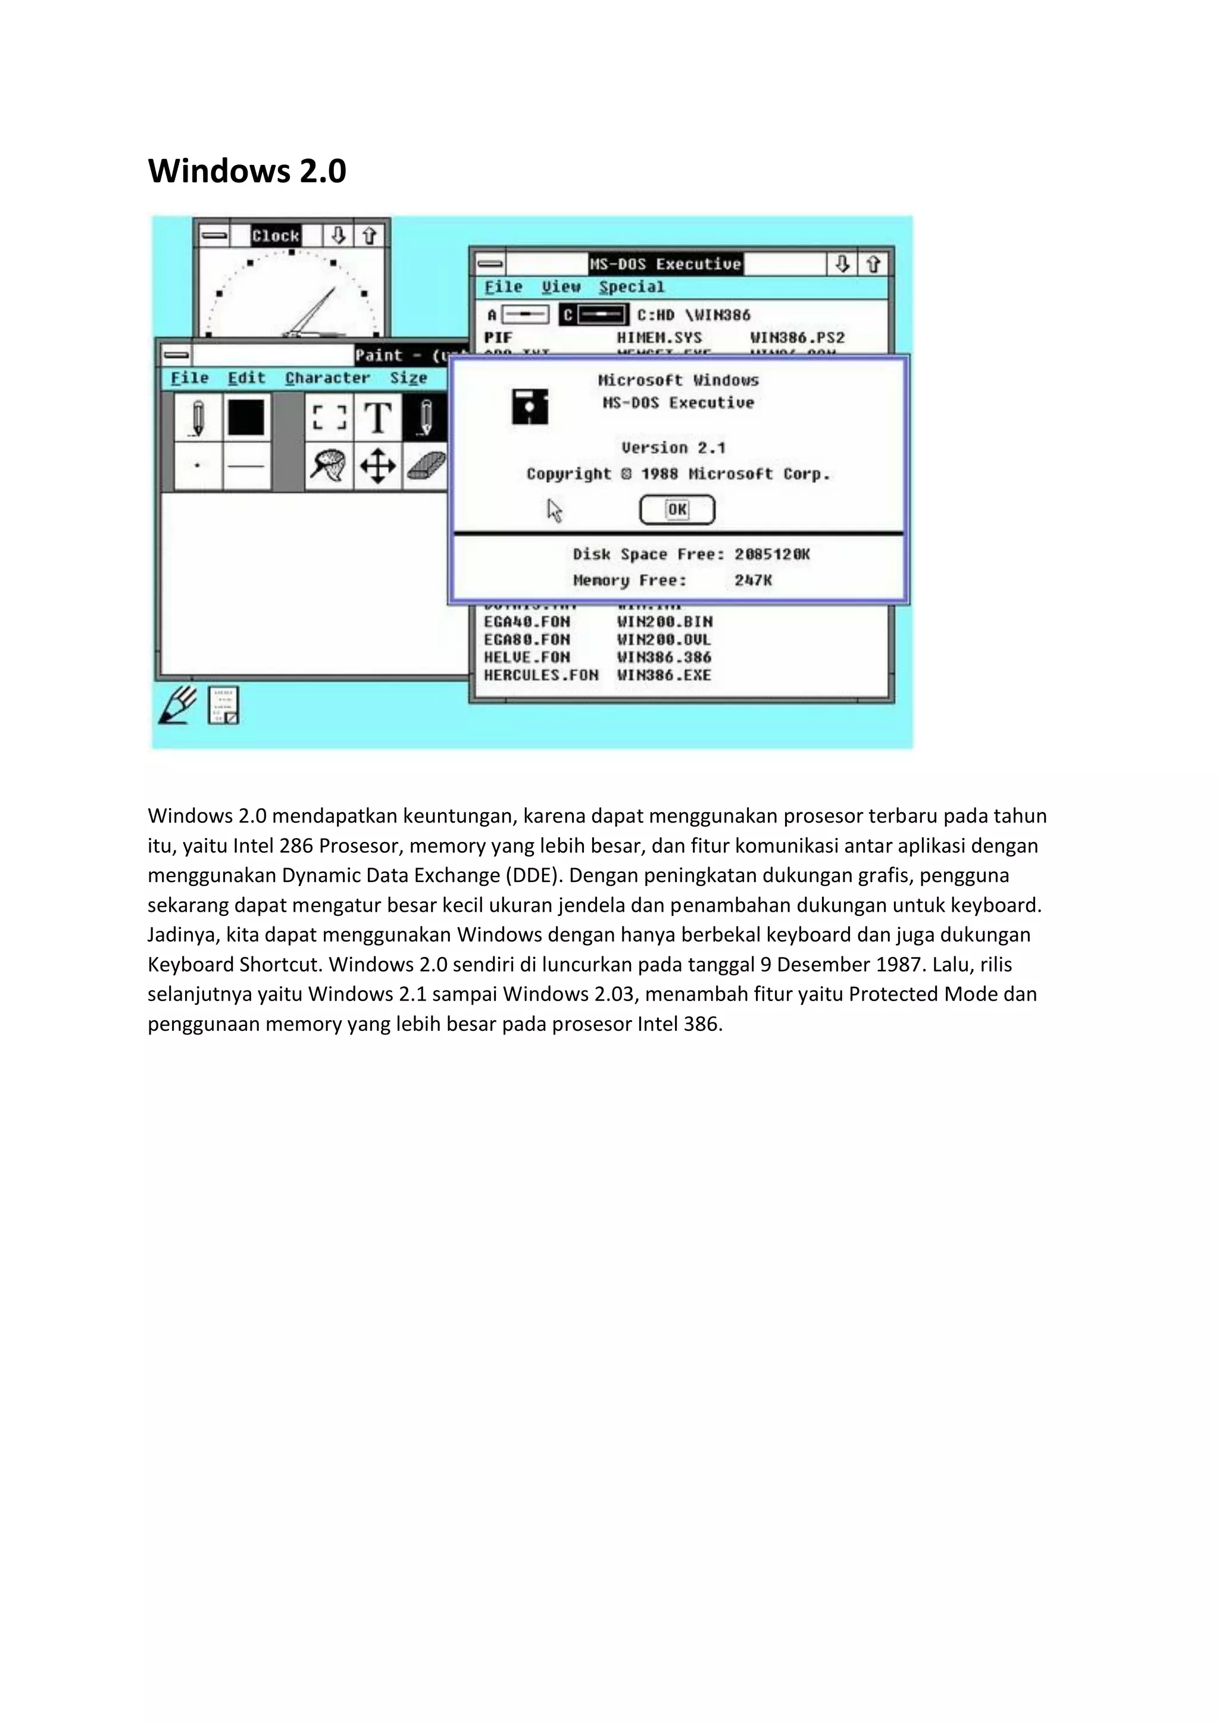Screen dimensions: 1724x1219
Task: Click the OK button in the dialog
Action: click(677, 510)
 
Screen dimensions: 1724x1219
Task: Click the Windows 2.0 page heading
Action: click(247, 171)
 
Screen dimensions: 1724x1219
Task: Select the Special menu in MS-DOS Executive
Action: click(632, 287)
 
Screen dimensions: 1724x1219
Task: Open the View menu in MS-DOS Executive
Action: click(561, 287)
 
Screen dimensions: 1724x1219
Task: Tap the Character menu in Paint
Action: click(327, 378)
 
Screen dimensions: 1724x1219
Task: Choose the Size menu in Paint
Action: click(408, 378)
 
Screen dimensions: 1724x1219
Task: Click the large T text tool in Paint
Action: click(377, 417)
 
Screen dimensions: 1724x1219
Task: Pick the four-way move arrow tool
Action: click(377, 466)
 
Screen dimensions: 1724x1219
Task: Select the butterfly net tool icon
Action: click(328, 466)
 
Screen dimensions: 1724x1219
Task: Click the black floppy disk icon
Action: click(530, 407)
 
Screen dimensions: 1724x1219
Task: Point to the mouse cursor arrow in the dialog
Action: click(554, 510)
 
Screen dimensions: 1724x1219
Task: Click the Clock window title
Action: click(276, 236)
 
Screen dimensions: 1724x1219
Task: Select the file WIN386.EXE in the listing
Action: click(664, 675)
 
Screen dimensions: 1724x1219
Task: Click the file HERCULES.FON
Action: click(540, 675)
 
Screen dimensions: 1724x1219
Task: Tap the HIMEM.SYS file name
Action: click(659, 338)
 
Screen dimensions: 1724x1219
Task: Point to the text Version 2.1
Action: click(673, 448)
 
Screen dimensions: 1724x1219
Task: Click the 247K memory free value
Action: click(753, 581)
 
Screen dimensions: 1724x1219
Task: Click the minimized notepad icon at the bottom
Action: click(223, 705)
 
